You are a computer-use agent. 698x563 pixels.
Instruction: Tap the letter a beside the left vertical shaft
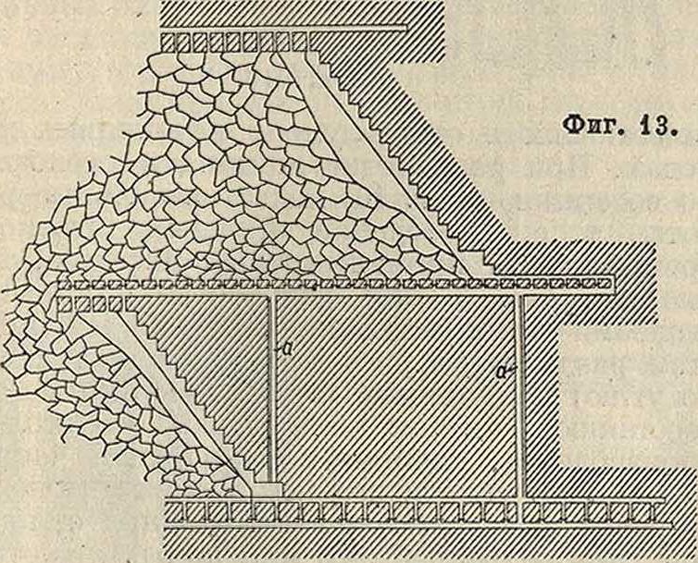coord(288,349)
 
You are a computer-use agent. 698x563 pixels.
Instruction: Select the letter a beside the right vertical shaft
coord(503,371)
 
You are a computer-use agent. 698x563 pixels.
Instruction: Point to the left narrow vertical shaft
coord(271,389)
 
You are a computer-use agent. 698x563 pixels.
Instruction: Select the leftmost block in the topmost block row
coord(167,43)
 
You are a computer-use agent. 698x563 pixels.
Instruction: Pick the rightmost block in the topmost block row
coord(301,43)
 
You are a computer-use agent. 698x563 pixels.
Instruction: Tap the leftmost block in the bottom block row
coord(174,512)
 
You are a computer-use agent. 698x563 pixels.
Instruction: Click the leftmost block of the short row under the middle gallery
coord(65,304)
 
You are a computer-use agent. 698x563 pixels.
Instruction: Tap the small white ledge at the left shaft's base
coord(268,489)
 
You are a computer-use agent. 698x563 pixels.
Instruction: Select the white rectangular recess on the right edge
coord(628,395)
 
